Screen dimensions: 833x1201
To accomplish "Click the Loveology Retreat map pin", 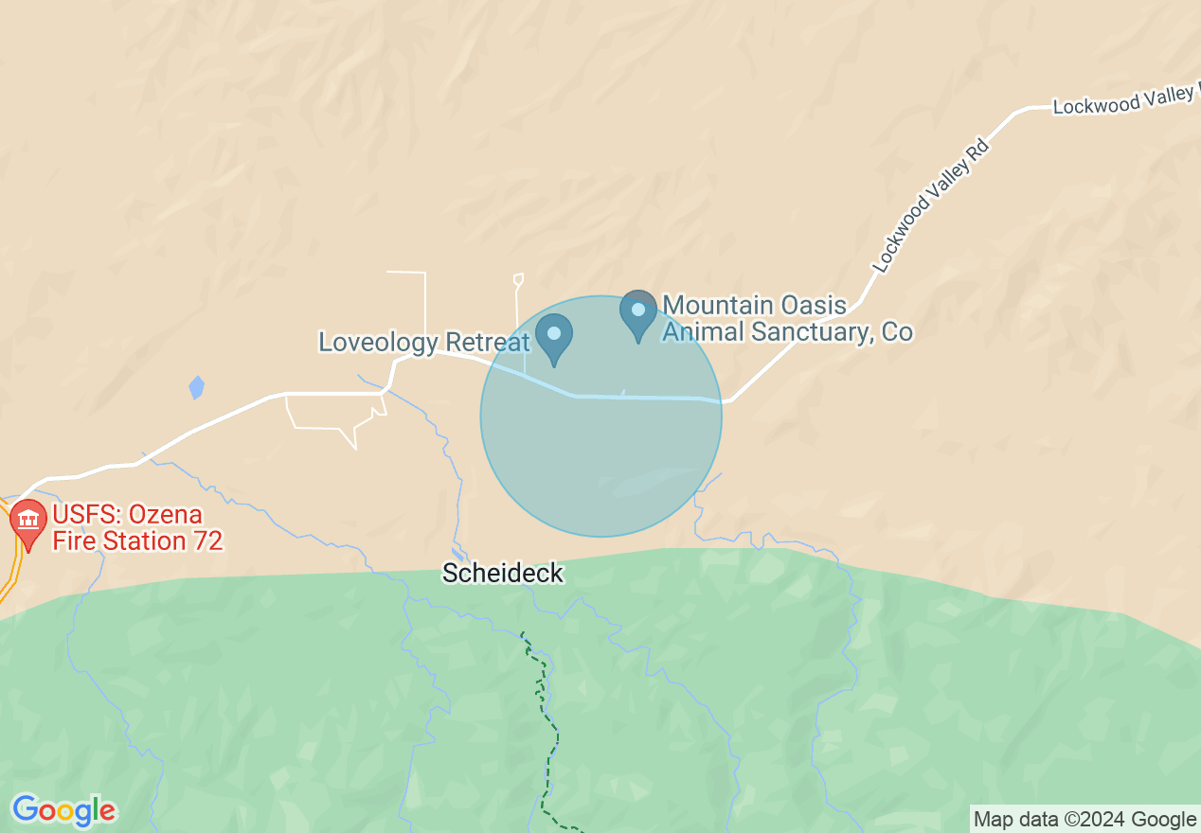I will click(554, 336).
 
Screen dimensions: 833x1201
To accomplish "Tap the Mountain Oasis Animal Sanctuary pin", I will click(638, 312).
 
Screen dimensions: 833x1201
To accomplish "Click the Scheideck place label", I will click(503, 574).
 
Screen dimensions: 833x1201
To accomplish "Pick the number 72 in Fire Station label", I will click(206, 541).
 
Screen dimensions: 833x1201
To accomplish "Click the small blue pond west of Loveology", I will click(196, 387).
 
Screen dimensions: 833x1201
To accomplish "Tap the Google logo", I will click(63, 810).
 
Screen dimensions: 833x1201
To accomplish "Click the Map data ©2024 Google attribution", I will click(1085, 819).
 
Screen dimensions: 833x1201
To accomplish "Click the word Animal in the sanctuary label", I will click(704, 331).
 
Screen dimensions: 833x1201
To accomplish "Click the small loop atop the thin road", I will click(518, 278).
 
